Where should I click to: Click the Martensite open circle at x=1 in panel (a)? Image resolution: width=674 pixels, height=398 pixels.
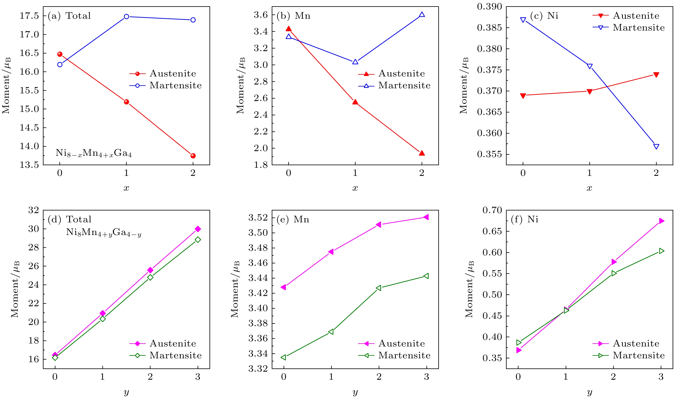[127, 17]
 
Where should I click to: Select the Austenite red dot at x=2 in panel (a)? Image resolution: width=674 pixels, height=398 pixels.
[193, 156]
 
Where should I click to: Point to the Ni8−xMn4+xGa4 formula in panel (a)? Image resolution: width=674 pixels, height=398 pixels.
[93, 153]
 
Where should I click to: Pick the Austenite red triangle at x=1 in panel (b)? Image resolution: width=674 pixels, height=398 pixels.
[355, 102]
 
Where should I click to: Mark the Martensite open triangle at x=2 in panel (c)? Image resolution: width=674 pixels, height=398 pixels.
[656, 146]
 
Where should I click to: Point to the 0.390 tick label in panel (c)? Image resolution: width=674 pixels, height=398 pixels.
[489, 7]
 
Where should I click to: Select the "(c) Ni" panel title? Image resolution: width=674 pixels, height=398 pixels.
[544, 16]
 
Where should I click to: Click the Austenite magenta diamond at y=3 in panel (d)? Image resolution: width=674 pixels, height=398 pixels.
[198, 229]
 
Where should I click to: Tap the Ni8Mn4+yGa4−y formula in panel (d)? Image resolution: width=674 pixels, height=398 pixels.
[104, 233]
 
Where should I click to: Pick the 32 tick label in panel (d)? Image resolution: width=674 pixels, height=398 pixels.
[34, 210]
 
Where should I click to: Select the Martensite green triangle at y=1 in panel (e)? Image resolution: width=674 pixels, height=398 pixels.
[331, 332]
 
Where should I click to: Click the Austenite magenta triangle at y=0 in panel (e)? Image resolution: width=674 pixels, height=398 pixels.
[283, 287]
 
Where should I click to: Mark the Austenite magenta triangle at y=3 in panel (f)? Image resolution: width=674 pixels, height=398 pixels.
[661, 221]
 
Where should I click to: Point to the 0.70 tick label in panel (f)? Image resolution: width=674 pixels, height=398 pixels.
[492, 210]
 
